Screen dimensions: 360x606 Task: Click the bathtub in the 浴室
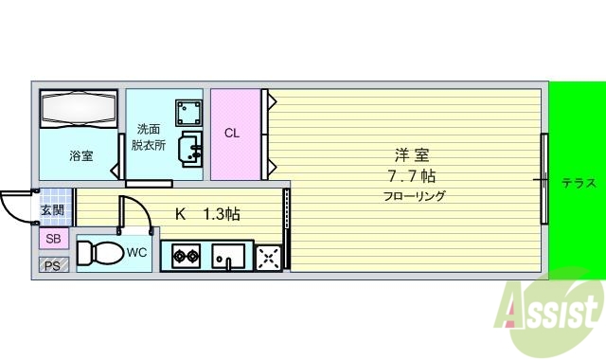coord(78,108)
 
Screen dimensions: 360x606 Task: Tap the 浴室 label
coord(80,155)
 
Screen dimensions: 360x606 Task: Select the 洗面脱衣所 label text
coord(149,137)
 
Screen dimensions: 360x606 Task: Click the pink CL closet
coord(233,134)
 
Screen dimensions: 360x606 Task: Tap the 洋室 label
coord(410,155)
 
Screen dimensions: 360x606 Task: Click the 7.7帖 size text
coord(410,176)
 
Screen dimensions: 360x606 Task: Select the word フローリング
coord(414,197)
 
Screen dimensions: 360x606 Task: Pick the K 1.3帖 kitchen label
coord(207,214)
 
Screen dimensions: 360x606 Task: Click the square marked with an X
coord(269,256)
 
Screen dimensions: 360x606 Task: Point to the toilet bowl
coord(99,254)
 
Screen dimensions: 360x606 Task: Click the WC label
coord(137,253)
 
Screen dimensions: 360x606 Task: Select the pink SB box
coord(53,239)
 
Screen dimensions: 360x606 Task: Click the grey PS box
coord(53,266)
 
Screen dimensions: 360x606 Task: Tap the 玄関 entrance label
coord(53,211)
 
